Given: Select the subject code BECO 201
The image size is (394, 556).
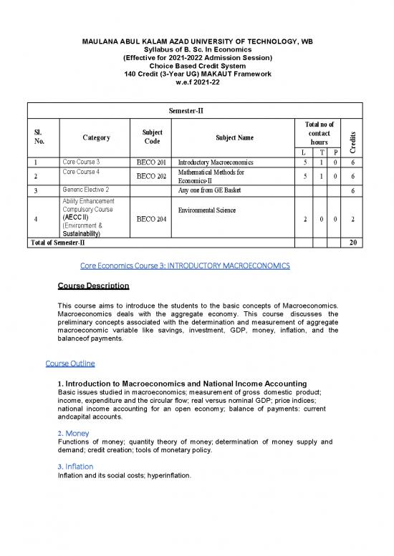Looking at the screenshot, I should click(x=150, y=162).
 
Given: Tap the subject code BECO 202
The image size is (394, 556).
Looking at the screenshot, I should click(x=150, y=176).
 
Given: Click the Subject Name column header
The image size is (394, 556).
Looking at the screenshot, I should click(x=234, y=137).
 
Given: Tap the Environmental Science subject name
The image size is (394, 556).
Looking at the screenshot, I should click(x=213, y=211).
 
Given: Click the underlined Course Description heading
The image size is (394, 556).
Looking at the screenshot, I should click(x=93, y=286).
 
